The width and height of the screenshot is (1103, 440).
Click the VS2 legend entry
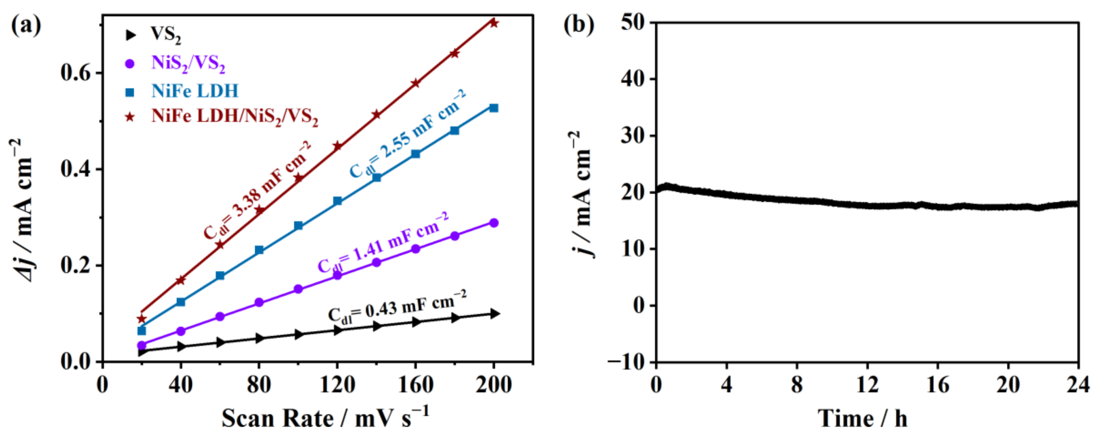(165, 34)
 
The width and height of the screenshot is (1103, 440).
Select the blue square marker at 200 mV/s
(494, 108)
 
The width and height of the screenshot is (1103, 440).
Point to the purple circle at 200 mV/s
(494, 222)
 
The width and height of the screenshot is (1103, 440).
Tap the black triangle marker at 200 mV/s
(495, 314)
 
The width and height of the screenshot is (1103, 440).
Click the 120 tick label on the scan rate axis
(337, 385)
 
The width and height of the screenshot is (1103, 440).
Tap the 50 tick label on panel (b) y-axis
(633, 22)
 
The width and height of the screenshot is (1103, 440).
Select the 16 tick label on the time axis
(938, 385)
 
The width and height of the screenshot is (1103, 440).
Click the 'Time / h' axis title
(862, 418)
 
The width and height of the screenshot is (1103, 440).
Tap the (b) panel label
(578, 25)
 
